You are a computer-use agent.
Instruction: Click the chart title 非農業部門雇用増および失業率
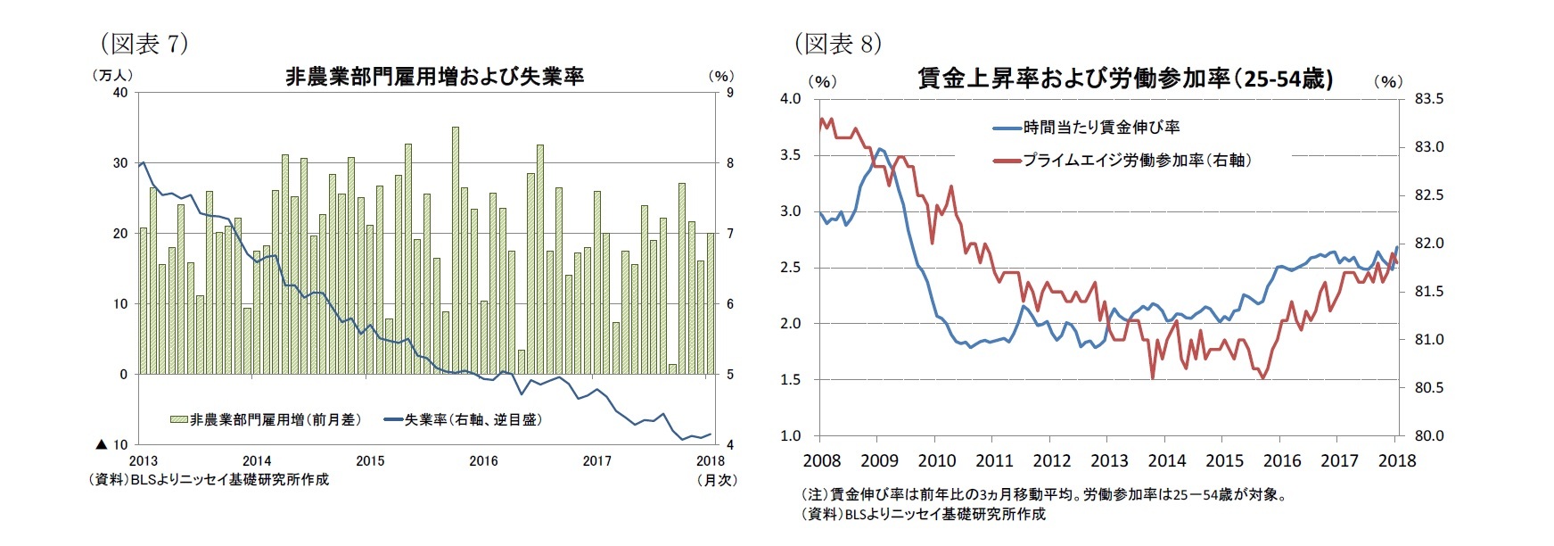[x=434, y=78]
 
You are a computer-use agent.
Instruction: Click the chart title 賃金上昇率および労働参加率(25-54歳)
[x=1125, y=79]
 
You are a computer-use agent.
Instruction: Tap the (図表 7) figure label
[x=144, y=43]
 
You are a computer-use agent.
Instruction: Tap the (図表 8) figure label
[x=838, y=43]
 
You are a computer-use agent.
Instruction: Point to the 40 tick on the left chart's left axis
[x=119, y=93]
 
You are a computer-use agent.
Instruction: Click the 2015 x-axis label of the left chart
[x=370, y=461]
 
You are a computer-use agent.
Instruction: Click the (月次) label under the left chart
[x=716, y=480]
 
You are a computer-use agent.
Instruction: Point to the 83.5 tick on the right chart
[x=1430, y=99]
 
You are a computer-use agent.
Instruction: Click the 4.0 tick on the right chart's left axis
[x=790, y=99]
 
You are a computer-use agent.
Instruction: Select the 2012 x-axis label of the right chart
[x=1051, y=461]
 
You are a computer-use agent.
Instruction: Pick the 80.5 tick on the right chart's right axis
[x=1430, y=388]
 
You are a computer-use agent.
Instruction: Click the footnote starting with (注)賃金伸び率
[x=1043, y=494]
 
